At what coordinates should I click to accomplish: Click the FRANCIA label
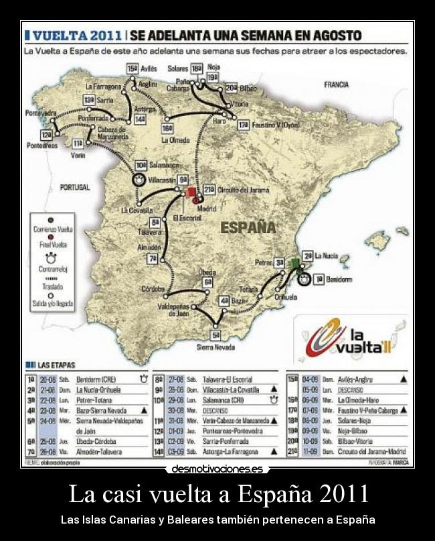tap(336, 85)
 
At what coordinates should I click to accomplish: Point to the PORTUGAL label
tap(74, 188)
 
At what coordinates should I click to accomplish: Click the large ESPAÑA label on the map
tap(248, 227)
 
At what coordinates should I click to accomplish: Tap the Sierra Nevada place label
tap(215, 347)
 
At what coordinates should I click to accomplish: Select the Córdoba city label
tap(153, 289)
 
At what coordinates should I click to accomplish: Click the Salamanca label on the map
tap(165, 165)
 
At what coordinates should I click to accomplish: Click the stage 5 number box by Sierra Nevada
tap(215, 335)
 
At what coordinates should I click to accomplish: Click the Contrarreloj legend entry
tap(56, 266)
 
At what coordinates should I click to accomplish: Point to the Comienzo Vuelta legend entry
tap(56, 229)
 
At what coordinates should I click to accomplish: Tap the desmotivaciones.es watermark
tap(217, 469)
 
